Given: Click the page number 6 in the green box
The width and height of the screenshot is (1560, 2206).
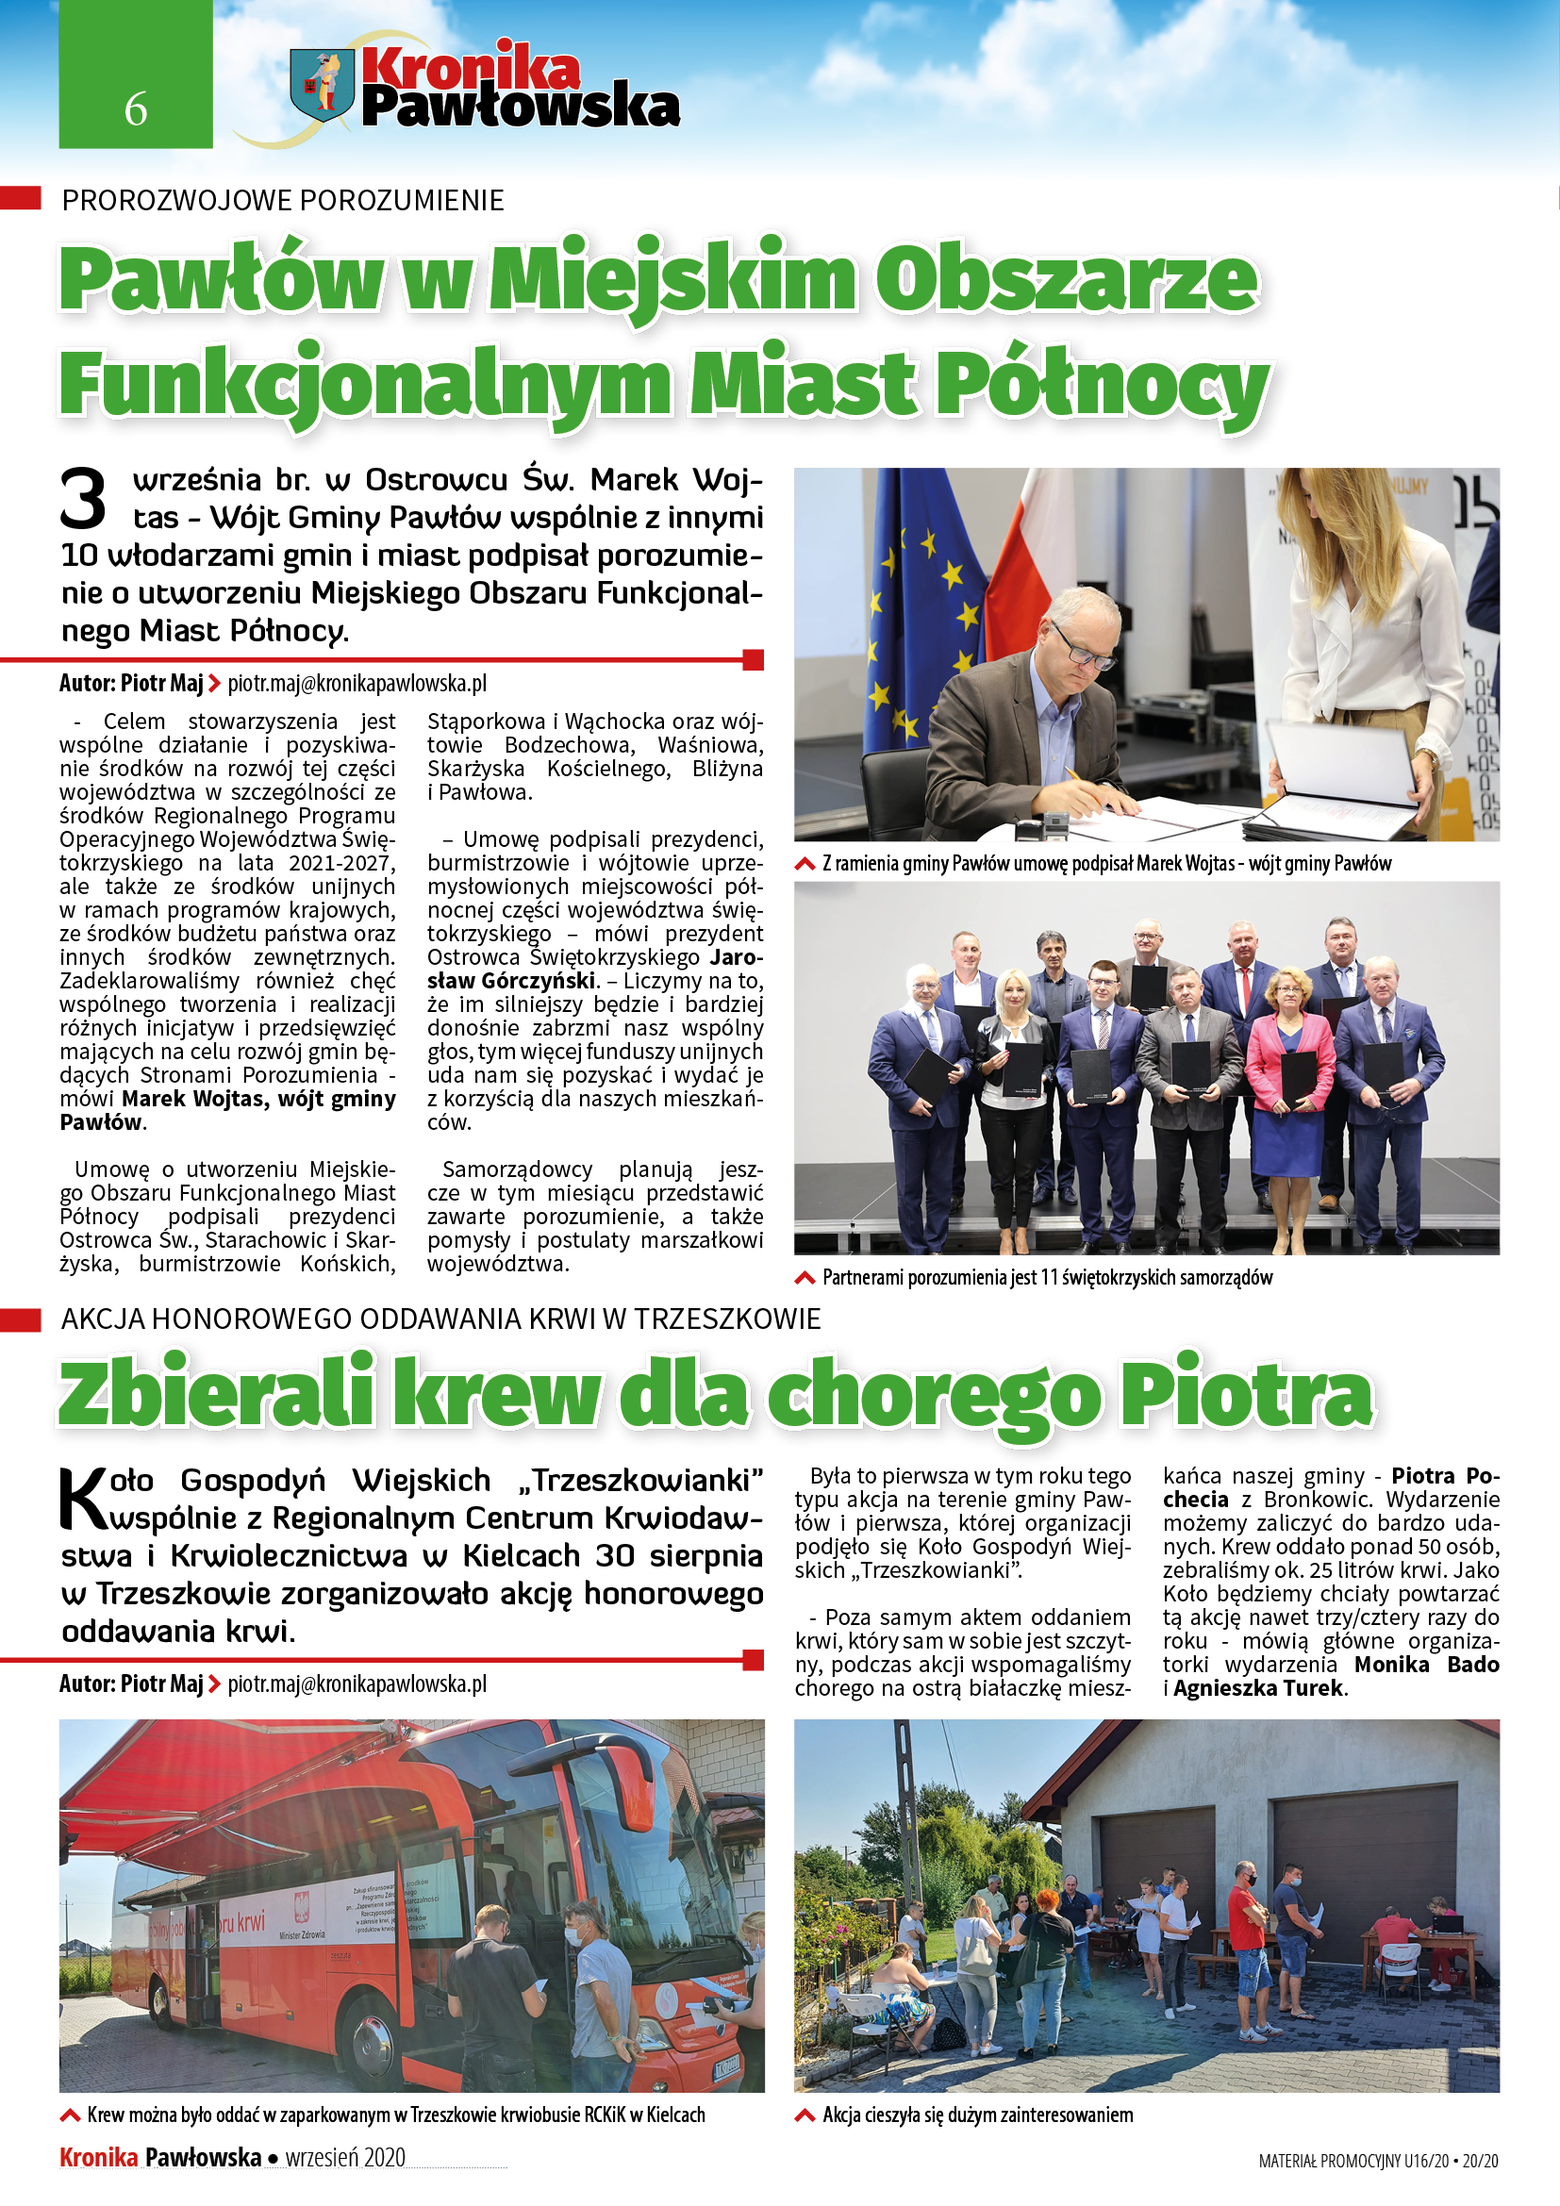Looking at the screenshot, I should pos(136,109).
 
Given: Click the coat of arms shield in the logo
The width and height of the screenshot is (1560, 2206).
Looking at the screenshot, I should pos(322,86).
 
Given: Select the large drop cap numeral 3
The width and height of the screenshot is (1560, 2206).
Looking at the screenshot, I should pos(83,499).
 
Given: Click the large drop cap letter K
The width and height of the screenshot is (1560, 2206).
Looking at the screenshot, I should pos(84,1498).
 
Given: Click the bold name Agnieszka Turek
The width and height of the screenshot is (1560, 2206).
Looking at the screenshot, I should pos(1257,1688).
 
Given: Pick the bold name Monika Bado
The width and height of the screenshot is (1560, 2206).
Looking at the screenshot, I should pos(1425,1664).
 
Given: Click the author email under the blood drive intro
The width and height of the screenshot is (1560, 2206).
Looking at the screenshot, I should pos(357,1684).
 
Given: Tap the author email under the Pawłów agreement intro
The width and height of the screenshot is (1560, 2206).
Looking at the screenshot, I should pos(357,683).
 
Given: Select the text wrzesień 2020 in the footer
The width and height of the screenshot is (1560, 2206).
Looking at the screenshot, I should pos(345,2157).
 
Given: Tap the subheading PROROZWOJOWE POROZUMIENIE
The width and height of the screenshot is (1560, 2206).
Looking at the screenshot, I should pos(282,200).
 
